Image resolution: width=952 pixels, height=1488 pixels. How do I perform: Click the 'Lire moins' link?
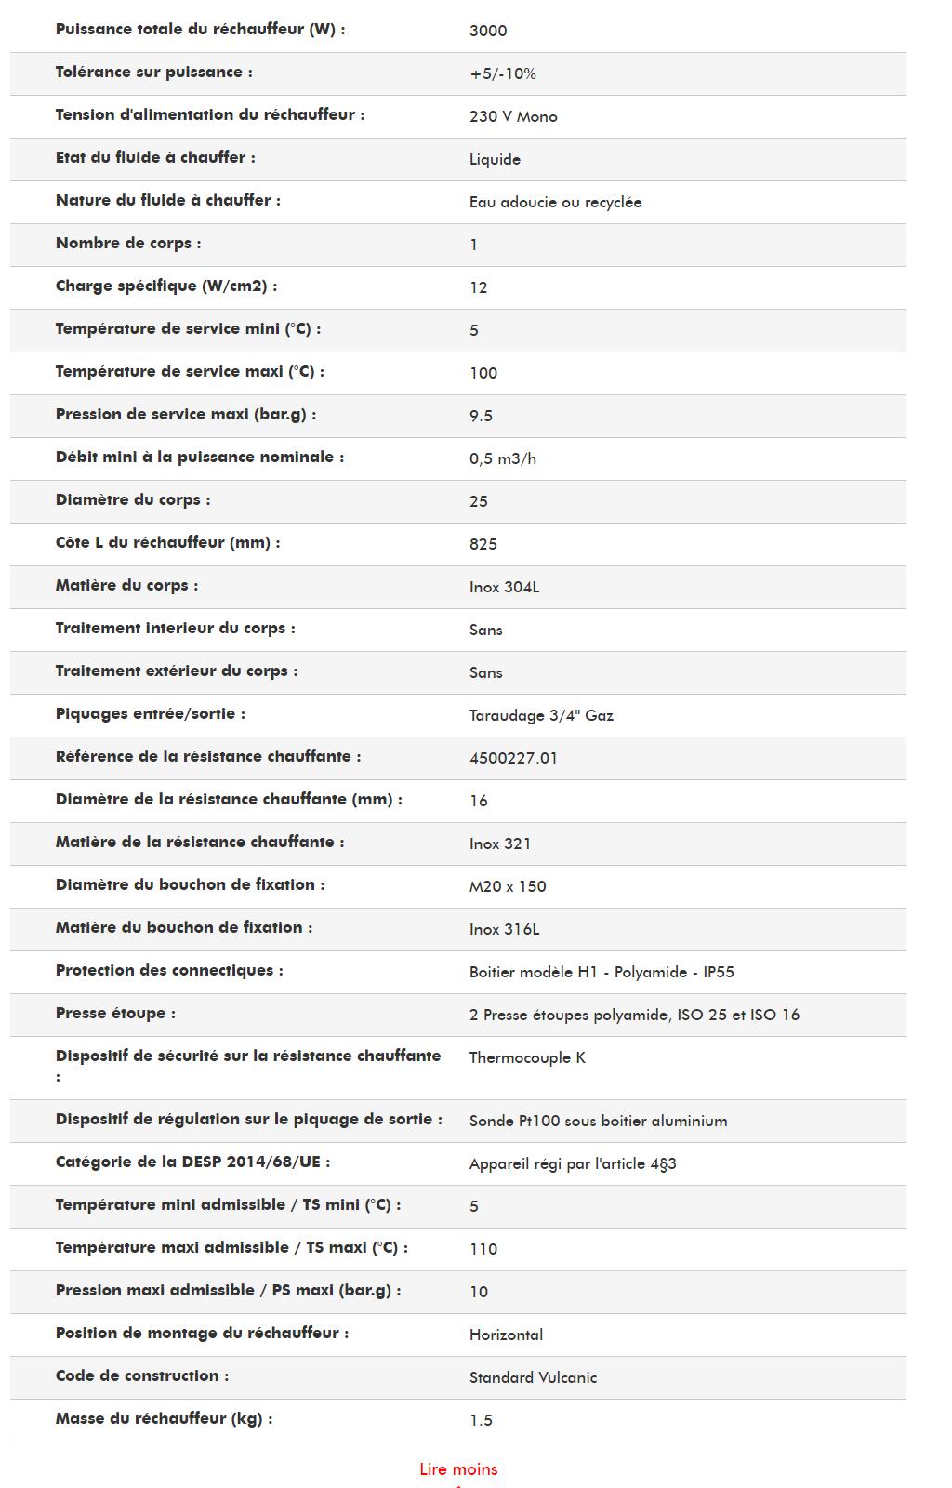point(458,1469)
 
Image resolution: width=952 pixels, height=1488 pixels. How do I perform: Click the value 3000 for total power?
point(488,31)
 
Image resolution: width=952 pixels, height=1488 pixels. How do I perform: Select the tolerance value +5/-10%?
point(503,73)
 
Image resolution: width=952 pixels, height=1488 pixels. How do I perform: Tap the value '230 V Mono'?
point(513,116)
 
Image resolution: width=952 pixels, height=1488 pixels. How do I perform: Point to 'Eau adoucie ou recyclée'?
point(555,202)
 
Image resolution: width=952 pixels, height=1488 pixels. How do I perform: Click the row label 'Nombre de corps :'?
point(128,244)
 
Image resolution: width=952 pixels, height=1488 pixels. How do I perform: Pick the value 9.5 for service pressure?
point(481,416)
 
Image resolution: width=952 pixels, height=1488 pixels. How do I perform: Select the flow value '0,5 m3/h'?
point(503,458)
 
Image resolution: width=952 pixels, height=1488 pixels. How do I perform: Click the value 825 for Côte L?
point(483,544)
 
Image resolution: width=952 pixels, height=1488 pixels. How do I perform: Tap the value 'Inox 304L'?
point(504,587)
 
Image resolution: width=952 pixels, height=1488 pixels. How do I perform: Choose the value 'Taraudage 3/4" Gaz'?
point(541,715)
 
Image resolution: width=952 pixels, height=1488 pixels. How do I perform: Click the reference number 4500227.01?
point(513,758)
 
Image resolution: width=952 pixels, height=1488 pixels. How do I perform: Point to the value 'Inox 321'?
point(500,844)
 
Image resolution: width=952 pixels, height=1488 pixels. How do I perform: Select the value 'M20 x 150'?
point(508,886)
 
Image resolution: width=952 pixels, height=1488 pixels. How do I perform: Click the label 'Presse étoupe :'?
point(115,1014)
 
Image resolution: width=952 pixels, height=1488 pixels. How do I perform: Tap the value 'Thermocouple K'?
point(527,1057)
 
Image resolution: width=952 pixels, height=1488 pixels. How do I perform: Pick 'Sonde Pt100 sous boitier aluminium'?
point(598,1121)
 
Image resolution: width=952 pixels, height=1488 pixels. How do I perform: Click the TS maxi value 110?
point(483,1249)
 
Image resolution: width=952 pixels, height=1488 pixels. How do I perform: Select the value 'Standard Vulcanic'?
point(533,1377)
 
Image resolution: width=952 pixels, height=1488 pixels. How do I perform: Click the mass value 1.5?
point(481,1420)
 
